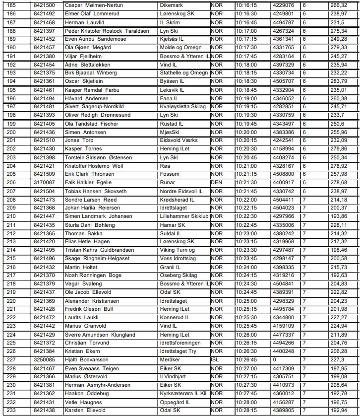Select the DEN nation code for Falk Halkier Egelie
pyautogui.click(x=217, y=183)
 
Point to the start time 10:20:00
pyautogui.click(x=246, y=132)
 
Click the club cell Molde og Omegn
pyautogui.click(x=180, y=48)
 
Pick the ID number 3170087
pyautogui.click(x=44, y=183)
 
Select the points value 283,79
pyautogui.click(x=339, y=81)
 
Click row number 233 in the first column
pyautogui.click(x=11, y=411)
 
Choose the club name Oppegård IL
pyautogui.click(x=175, y=402)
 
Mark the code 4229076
pyautogui.click(x=283, y=5)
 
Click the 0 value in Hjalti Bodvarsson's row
pyautogui.click(x=275, y=360)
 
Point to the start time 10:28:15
pyautogui.click(x=246, y=411)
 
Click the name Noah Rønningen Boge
pyautogui.click(x=93, y=276)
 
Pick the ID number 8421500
pyautogui.click(x=44, y=5)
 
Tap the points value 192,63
pyautogui.click(x=339, y=276)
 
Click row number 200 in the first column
pyautogui.click(x=11, y=132)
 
